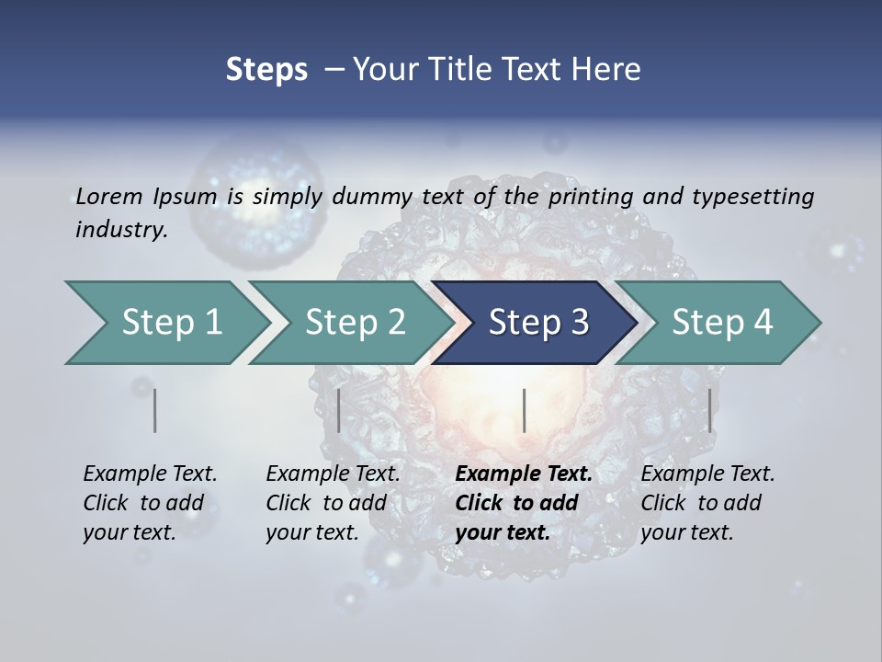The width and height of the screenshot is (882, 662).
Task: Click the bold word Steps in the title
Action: click(266, 70)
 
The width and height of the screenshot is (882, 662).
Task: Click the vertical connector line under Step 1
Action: click(155, 410)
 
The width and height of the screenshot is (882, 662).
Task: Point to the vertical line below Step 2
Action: click(339, 410)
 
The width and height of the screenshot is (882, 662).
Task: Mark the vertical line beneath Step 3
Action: click(524, 410)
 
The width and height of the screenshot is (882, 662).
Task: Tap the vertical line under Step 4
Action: click(709, 410)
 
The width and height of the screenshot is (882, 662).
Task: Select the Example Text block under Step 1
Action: click(150, 503)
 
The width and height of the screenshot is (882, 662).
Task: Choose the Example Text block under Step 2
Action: click(333, 503)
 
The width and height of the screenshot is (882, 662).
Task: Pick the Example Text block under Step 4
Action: click(707, 503)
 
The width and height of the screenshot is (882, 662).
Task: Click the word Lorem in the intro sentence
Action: click(108, 196)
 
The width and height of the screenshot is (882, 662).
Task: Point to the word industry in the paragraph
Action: click(121, 229)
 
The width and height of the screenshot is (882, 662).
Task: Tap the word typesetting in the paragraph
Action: click(748, 196)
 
